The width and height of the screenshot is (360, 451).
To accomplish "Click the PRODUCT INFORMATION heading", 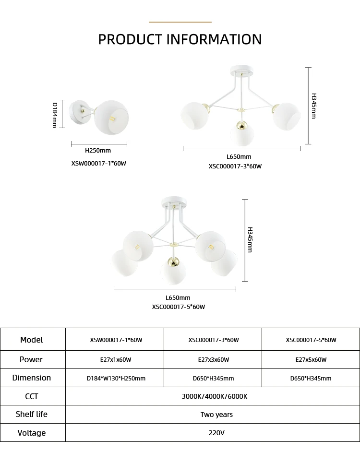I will tap(180, 39).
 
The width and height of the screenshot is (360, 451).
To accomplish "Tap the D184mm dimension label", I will tap(55, 115).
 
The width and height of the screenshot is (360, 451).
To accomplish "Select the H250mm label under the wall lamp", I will tap(98, 151).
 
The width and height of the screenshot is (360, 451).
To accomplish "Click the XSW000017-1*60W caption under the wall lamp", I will tap(98, 163).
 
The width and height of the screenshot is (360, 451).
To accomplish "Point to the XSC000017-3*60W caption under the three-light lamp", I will tap(235, 166).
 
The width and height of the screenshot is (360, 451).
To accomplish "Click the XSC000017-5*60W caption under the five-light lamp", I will tap(179, 307).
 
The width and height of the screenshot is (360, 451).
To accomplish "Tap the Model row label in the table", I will tap(32, 340).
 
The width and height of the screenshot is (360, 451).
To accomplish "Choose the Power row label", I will tap(31, 359).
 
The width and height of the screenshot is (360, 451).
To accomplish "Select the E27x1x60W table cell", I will tap(116, 360).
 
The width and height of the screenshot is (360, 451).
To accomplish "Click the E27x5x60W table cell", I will tap(311, 360).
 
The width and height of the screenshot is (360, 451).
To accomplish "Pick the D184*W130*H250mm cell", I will tap(116, 378).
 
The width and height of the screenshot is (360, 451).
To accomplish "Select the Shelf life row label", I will tap(32, 414).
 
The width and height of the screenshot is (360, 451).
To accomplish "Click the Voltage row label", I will tap(32, 433).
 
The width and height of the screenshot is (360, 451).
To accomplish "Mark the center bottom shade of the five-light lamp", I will tap(173, 271).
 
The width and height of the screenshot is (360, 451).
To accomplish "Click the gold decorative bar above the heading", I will tap(180, 22).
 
